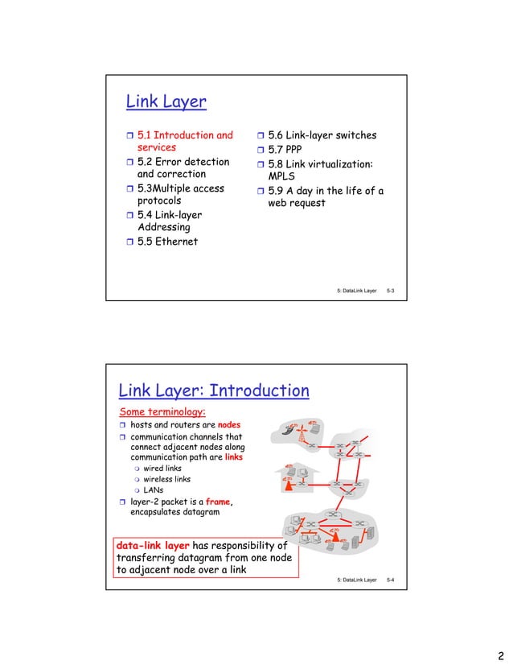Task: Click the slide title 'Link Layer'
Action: point(166,102)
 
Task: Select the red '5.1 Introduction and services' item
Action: point(184,142)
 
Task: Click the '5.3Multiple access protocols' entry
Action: point(180,195)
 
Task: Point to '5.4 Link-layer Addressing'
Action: point(169,221)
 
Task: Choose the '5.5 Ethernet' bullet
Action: point(166,242)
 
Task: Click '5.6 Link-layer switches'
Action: point(321,135)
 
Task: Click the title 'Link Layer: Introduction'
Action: point(214,391)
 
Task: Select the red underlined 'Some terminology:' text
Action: point(162,412)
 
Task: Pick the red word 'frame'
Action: point(219,500)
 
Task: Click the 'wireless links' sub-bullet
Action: point(166,479)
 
